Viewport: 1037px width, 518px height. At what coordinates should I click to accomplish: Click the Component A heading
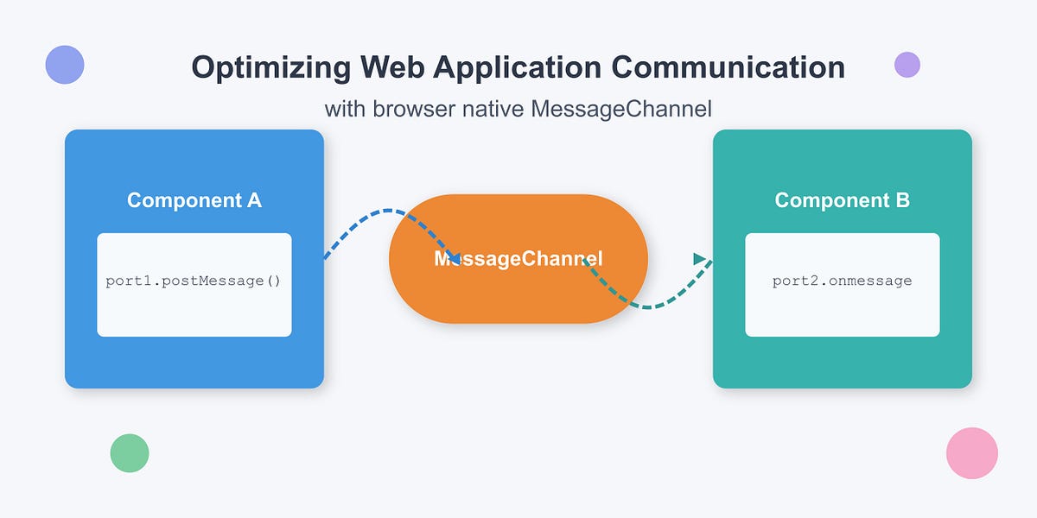tap(194, 200)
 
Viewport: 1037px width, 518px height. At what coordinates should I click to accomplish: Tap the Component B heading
tap(842, 200)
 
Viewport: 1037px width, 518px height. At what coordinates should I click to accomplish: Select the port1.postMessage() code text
tap(194, 281)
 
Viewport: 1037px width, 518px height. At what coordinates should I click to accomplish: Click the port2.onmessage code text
tap(842, 281)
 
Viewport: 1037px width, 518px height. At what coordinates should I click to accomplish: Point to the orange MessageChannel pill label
tap(518, 258)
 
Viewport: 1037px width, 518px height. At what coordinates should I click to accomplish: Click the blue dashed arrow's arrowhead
tap(454, 257)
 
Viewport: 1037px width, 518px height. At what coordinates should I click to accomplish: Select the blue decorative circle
tap(65, 65)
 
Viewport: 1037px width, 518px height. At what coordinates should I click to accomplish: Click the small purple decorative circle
tap(907, 65)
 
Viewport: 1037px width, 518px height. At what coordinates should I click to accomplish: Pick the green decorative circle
tap(130, 453)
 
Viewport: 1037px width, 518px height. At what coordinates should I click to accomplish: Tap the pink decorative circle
tap(972, 453)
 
